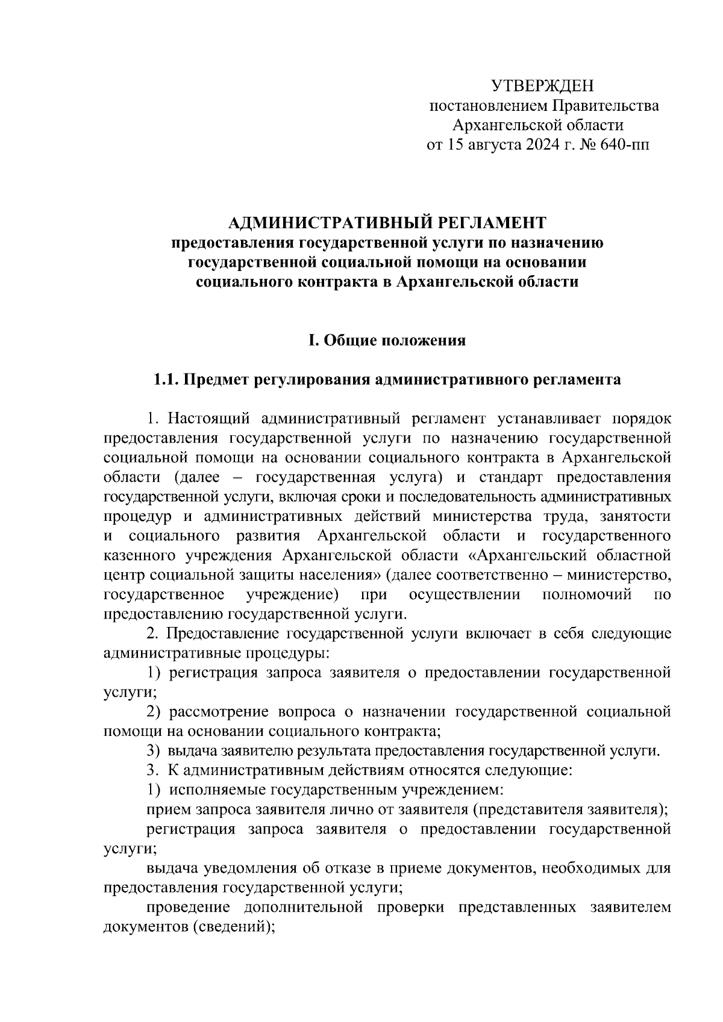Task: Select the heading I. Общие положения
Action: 387,341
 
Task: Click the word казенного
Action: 139,556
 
